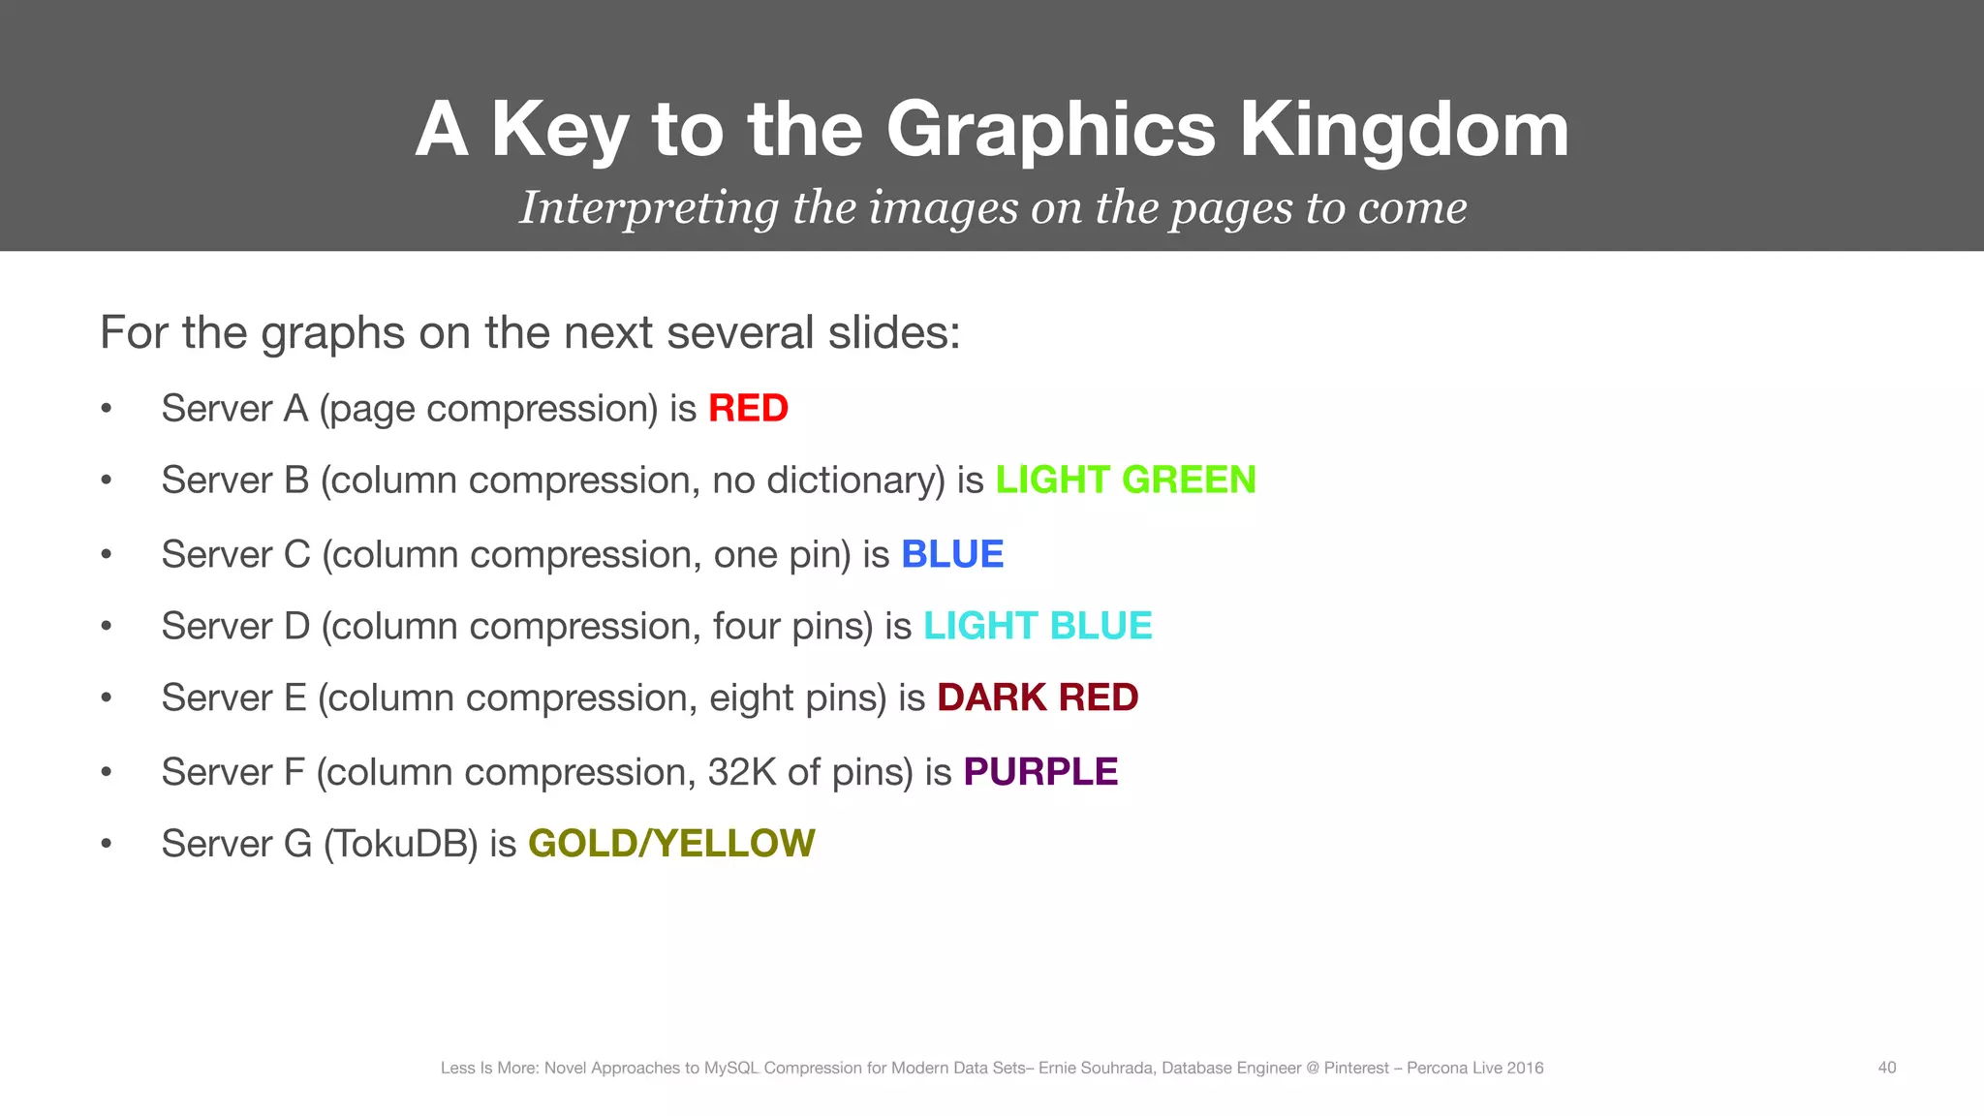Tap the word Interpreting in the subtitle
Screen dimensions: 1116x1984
648,207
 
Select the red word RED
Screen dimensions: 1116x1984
748,409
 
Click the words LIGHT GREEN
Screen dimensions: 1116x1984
1126,480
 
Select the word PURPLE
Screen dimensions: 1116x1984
1040,772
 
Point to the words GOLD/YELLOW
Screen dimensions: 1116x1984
671,844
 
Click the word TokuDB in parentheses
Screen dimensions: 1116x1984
400,844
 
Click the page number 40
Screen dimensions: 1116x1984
1887,1068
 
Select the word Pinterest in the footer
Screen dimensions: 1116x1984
1355,1068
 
